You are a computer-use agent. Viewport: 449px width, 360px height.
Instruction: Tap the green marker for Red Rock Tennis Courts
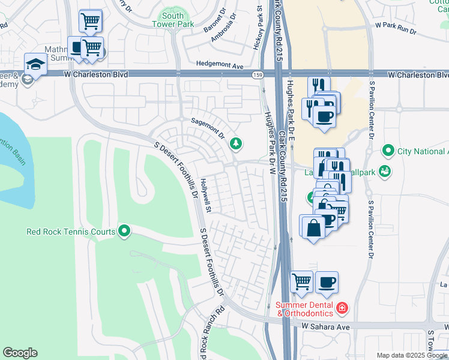(124, 230)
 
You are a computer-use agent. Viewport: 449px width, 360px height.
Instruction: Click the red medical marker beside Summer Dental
(342, 308)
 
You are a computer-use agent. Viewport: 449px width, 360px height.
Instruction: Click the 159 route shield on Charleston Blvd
(258, 75)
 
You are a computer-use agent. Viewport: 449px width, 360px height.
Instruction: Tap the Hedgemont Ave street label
(220, 64)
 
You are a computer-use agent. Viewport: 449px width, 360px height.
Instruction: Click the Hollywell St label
(206, 196)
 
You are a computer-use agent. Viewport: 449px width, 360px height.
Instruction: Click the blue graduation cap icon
(35, 64)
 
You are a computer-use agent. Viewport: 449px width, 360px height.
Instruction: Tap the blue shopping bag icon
(313, 227)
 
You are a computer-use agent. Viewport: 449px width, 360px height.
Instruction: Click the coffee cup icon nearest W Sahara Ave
(327, 281)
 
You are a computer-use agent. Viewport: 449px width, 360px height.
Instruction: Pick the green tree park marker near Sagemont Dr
(236, 143)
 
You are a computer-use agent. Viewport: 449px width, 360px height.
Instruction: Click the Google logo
(20, 353)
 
